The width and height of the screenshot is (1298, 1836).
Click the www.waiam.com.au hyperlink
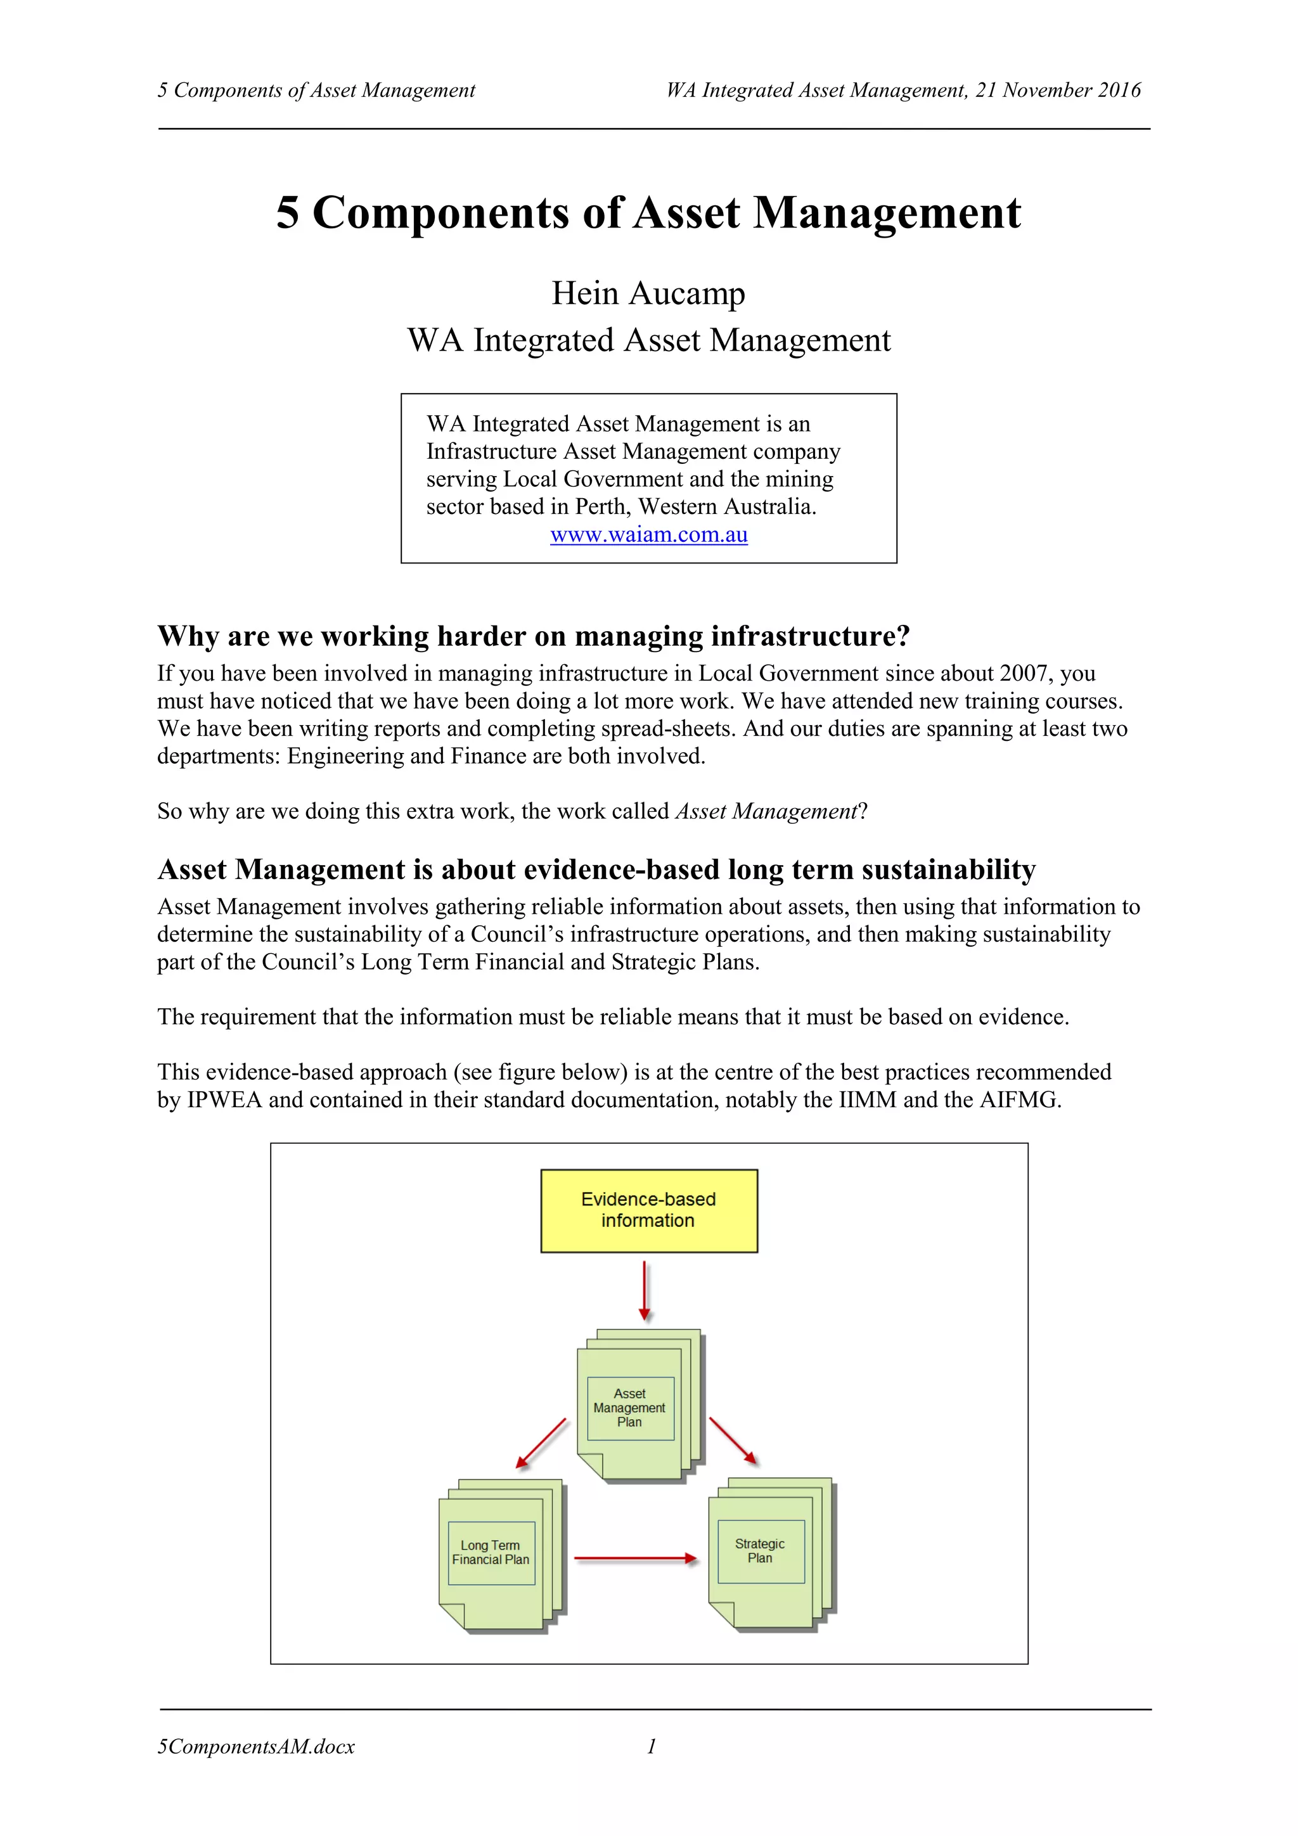[648, 535]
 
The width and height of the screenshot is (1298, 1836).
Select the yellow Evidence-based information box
[648, 1210]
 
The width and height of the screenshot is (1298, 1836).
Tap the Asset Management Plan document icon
[636, 1408]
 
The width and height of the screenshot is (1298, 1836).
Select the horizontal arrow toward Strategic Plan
[636, 1558]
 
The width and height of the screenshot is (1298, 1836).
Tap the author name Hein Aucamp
[648, 293]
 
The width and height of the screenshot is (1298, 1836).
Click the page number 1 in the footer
[652, 1747]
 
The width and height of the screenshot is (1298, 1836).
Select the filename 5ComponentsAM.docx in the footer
[256, 1747]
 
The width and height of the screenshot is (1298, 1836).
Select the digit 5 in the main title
[288, 214]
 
